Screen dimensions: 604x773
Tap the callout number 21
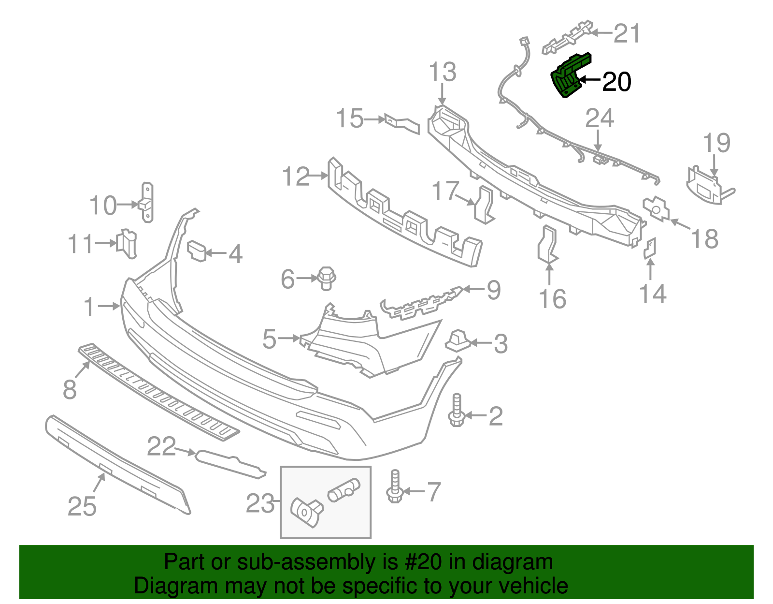click(627, 33)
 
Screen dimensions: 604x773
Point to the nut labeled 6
click(327, 278)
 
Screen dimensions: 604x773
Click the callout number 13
click(443, 72)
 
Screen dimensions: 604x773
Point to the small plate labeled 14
click(650, 248)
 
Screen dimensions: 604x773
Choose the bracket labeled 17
click(484, 206)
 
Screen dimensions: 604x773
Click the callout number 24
click(600, 118)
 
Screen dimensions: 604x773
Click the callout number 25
click(82, 506)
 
